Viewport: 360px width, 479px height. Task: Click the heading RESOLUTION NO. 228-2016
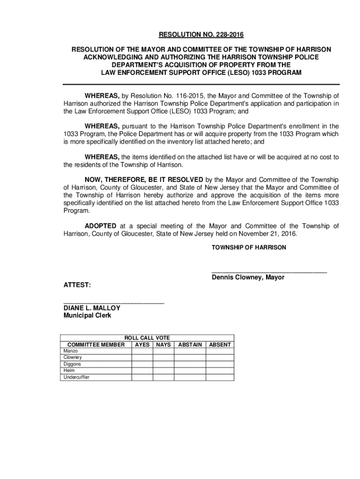(x=202, y=35)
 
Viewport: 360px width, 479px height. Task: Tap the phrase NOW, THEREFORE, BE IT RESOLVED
(x=144, y=179)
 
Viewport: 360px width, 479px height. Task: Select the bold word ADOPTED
(x=100, y=226)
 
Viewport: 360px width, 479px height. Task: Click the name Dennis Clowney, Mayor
(x=248, y=277)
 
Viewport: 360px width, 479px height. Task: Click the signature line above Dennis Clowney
(x=269, y=271)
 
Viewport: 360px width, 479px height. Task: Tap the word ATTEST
(x=77, y=284)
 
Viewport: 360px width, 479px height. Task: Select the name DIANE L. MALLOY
(x=92, y=308)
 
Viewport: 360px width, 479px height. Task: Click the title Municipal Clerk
(x=87, y=315)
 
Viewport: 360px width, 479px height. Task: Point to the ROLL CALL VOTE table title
(x=147, y=338)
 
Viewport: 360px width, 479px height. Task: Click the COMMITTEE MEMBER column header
(x=96, y=345)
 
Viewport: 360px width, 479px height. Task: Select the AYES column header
(x=142, y=345)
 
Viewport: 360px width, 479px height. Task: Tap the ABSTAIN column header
(x=190, y=345)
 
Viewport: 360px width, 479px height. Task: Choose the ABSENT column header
(x=220, y=345)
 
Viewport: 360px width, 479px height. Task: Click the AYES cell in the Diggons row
(x=142, y=364)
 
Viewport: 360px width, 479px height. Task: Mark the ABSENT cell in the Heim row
(x=220, y=370)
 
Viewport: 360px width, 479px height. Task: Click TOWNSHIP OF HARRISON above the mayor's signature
(x=249, y=247)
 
